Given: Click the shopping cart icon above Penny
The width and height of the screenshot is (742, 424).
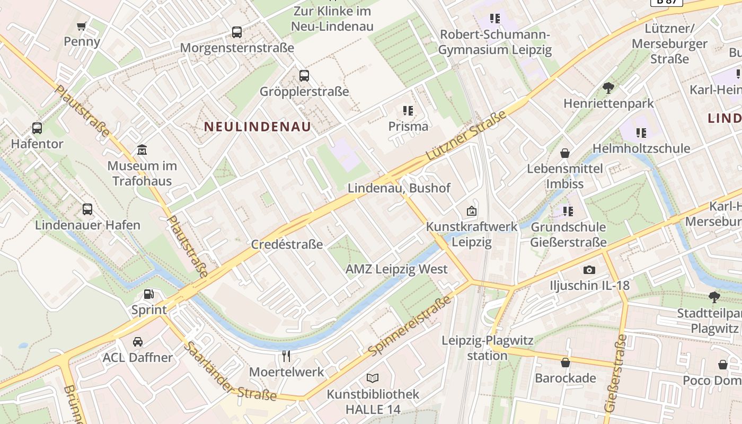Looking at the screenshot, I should (82, 26).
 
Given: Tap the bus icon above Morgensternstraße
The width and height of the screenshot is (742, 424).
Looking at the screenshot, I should (237, 32).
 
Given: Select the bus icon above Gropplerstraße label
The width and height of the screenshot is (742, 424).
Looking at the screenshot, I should (304, 76).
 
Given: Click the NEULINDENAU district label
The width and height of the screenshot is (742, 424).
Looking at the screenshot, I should (258, 127).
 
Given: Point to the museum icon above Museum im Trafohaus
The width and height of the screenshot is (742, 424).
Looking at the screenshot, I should (142, 150).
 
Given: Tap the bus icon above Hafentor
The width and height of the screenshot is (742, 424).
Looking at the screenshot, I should (37, 128).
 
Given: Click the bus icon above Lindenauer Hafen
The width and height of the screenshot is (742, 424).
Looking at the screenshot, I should (87, 209).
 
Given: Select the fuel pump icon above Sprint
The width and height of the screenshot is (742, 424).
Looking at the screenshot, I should (149, 294).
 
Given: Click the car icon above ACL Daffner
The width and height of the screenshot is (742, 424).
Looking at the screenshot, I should (138, 342).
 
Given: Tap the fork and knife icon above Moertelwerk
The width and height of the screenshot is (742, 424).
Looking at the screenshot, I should (286, 356).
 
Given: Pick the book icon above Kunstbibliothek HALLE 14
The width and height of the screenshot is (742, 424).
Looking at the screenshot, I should (373, 378).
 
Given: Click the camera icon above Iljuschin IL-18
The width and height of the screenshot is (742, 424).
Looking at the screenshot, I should (589, 270).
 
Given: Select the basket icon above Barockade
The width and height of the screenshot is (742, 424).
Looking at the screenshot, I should (566, 363).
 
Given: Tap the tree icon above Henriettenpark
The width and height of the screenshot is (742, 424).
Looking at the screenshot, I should (608, 87).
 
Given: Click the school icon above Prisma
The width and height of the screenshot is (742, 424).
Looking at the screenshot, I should (408, 111).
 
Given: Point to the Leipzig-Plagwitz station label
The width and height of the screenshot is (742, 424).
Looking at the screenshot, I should (488, 348).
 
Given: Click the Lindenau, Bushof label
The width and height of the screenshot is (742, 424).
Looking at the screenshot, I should (399, 188).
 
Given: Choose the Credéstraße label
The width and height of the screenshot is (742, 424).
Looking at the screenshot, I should (287, 244).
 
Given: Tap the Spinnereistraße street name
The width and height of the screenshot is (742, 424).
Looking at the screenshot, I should (411, 326).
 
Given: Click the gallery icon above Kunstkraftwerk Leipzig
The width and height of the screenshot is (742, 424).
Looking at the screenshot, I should (471, 211).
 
